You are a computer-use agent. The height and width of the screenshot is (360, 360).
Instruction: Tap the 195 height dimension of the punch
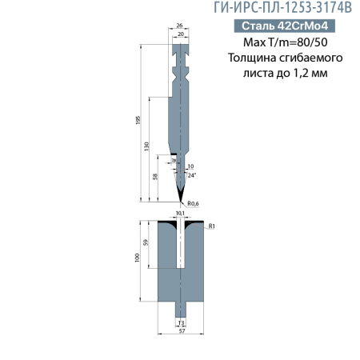138,119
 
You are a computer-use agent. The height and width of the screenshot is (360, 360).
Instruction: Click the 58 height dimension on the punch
154,175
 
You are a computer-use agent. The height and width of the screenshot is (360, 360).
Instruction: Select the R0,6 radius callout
192,204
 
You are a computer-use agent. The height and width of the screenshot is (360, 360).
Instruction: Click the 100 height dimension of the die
138,258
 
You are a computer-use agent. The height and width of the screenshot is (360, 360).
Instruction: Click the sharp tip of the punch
180,200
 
